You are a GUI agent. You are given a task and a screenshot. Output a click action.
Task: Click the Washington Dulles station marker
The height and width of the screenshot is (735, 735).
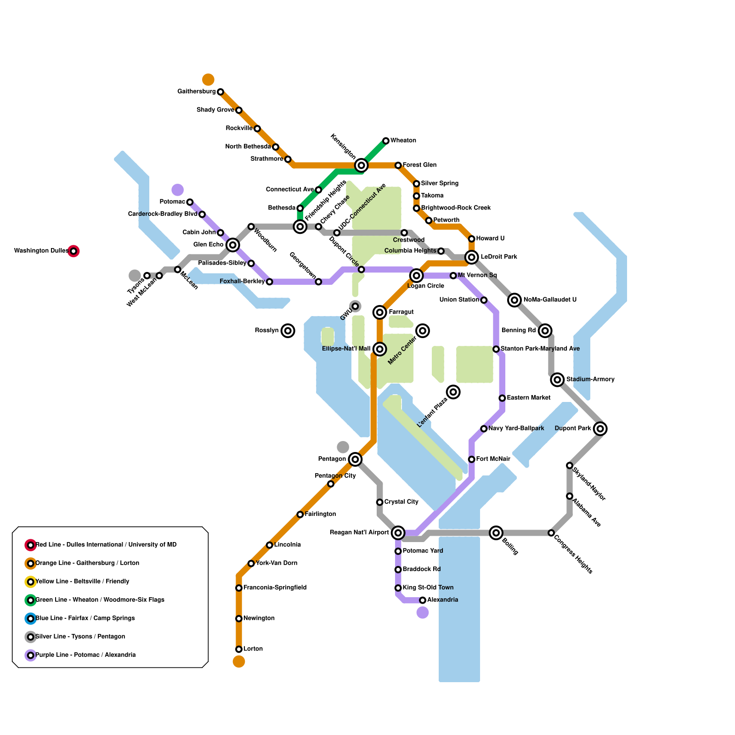click(x=73, y=251)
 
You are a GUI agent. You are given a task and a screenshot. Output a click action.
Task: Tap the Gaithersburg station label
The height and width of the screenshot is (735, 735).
click(x=196, y=92)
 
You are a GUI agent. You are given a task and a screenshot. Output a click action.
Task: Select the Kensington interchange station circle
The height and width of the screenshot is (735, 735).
click(x=361, y=165)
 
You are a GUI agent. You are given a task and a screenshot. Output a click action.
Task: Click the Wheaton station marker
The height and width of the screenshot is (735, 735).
click(x=386, y=141)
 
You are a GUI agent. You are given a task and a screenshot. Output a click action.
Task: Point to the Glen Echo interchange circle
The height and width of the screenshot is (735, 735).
click(x=233, y=245)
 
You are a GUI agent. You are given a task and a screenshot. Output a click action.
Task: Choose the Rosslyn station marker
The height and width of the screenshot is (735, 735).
click(x=288, y=331)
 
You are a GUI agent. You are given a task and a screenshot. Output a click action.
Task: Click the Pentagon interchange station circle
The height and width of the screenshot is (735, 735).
click(x=355, y=459)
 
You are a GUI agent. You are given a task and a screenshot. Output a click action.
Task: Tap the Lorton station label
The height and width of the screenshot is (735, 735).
click(x=253, y=649)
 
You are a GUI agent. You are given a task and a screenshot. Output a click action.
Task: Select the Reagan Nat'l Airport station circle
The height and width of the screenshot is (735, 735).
click(x=398, y=533)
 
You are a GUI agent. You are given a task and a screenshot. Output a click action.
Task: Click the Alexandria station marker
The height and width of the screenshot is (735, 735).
click(x=423, y=600)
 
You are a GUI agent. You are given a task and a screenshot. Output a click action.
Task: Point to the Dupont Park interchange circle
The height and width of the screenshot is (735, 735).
click(x=600, y=429)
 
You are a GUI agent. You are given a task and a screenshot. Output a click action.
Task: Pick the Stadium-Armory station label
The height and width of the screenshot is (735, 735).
click(x=590, y=379)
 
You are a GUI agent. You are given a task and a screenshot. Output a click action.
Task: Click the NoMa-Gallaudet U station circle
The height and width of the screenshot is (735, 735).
click(x=514, y=300)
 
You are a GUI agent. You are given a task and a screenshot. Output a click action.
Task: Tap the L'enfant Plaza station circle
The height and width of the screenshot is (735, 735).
click(x=453, y=392)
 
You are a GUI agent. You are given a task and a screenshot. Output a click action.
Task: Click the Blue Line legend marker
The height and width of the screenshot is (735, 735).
click(x=31, y=619)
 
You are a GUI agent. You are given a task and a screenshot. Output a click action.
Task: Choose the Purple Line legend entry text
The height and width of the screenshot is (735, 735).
click(x=85, y=655)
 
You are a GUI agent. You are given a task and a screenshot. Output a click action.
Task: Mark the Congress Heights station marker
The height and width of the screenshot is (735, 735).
click(x=551, y=533)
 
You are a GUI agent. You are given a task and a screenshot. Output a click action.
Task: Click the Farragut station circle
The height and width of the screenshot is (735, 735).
click(x=379, y=312)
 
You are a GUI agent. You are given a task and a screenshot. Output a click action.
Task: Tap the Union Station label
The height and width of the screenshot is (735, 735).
click(x=459, y=300)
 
